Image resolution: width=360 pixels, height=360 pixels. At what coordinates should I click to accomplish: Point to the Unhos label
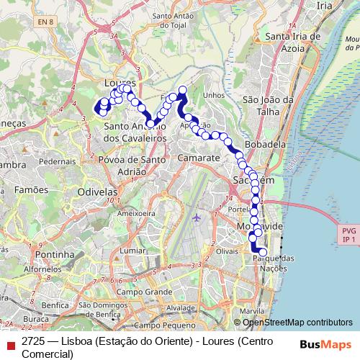click(x=215, y=94)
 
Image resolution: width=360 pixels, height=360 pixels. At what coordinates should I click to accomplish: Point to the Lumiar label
click(x=133, y=250)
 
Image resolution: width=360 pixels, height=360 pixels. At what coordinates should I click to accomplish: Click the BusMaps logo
click(x=326, y=343)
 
